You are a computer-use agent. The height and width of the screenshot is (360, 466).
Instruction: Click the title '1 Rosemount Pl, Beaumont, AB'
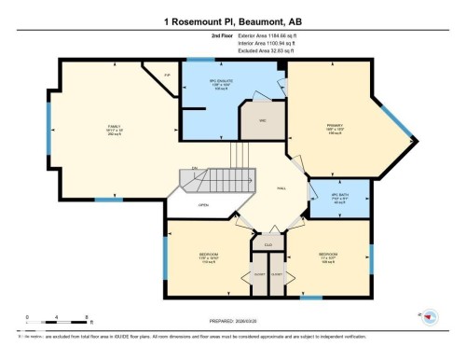click(x=232, y=21)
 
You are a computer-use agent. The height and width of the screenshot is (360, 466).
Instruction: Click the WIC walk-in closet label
click(x=263, y=120)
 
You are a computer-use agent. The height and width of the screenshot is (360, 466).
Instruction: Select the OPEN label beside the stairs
click(x=203, y=205)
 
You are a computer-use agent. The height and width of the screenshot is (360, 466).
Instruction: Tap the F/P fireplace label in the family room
click(x=168, y=75)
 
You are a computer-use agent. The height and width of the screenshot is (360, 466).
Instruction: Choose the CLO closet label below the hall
click(x=267, y=245)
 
